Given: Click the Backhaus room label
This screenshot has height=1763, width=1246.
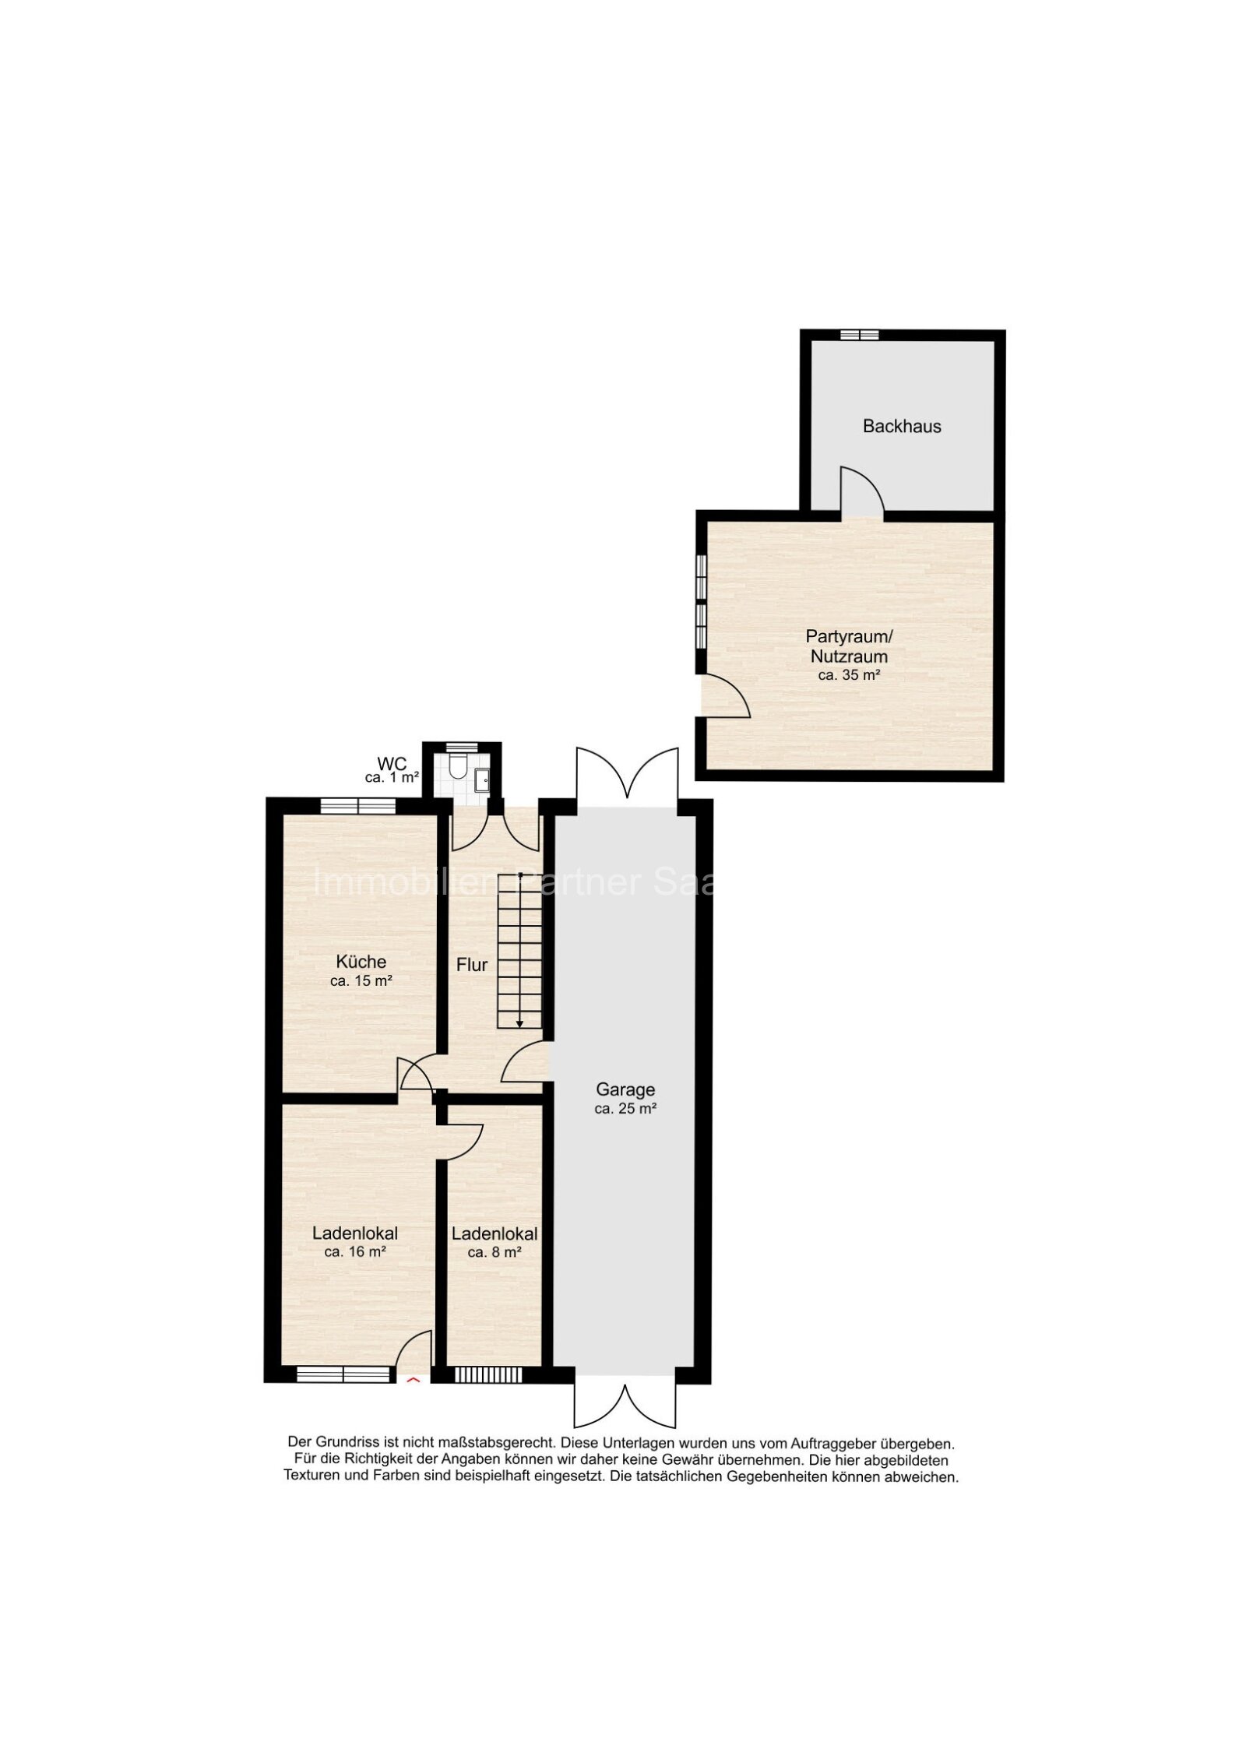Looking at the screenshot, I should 901,426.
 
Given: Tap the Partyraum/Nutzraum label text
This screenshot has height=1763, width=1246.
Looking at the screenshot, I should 846,646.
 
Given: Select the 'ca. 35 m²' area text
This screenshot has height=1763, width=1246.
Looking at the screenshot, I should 848,675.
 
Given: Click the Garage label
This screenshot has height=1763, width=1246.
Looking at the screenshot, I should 625,1089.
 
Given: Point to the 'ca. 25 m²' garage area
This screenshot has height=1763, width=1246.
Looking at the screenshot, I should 625,1110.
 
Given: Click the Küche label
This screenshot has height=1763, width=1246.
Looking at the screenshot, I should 361,962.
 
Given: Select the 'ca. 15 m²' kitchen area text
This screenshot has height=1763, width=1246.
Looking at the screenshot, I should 360,982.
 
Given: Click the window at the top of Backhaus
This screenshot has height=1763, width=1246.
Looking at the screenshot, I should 859,335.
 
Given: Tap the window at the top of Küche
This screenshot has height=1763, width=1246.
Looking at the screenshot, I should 358,806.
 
